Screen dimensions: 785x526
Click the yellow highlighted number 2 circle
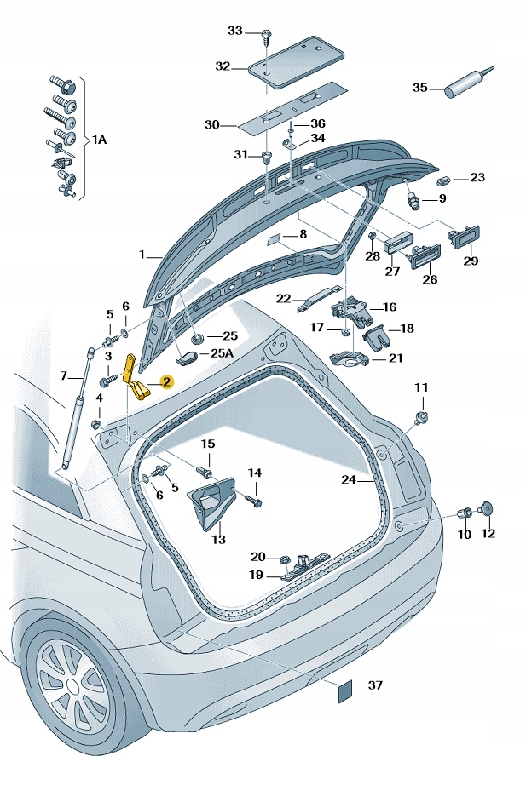coord(167,383)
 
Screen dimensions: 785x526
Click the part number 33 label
coord(234,31)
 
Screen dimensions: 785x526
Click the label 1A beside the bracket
coord(100,139)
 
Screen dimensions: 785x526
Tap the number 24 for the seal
coord(348,480)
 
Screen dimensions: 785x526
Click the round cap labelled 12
coord(487,510)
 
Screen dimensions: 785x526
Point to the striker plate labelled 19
coord(301,568)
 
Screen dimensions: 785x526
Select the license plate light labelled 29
coord(465,235)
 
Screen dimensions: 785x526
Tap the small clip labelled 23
coord(443,180)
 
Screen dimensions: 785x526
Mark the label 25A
coord(223,352)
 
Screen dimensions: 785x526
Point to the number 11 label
coord(421,387)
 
